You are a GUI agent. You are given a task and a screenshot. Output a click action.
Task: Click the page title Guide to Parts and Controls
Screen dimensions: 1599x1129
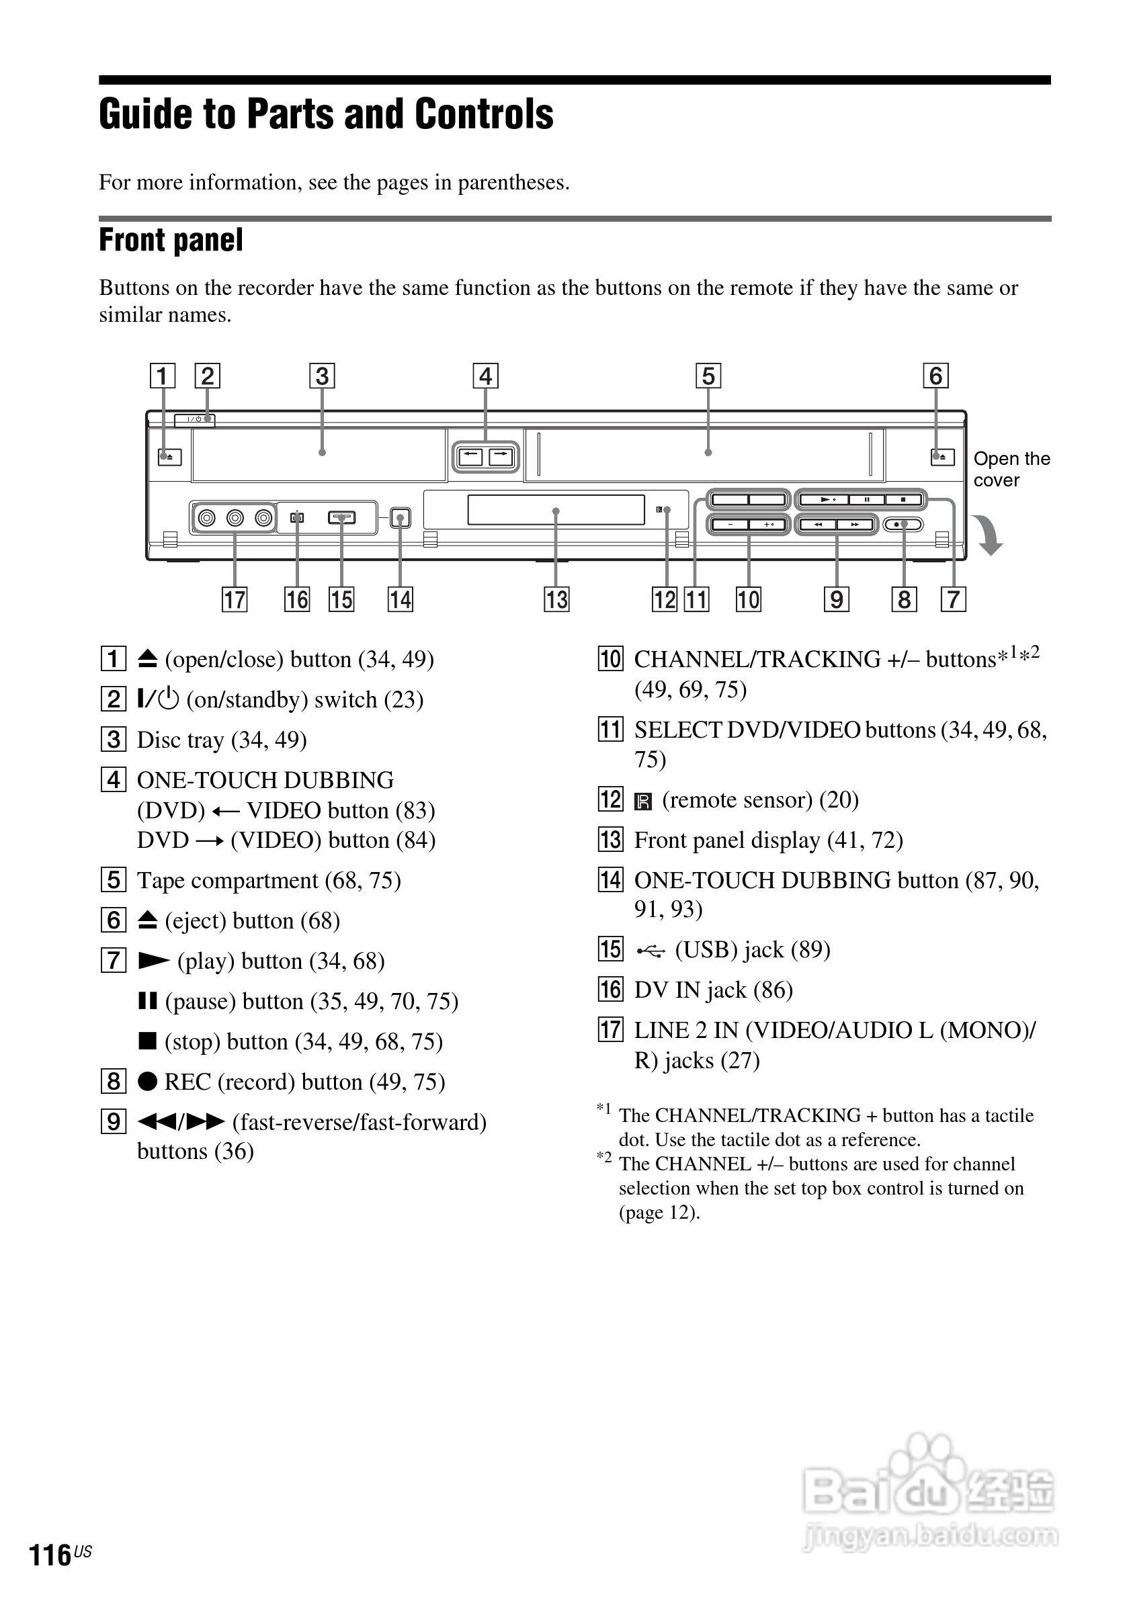326,114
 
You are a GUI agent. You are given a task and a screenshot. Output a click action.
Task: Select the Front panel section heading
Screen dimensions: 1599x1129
171,241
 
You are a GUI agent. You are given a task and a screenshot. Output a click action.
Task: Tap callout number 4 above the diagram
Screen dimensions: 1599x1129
485,376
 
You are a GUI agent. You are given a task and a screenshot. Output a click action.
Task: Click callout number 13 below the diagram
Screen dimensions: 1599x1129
556,599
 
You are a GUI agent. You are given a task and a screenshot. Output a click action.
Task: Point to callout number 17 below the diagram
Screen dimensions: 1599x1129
235,599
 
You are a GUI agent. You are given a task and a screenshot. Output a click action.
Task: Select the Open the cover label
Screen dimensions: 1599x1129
1011,470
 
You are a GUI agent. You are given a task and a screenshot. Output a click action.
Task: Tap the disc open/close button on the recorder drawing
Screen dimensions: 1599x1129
169,457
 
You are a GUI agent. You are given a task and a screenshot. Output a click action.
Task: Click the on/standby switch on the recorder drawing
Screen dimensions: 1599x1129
195,419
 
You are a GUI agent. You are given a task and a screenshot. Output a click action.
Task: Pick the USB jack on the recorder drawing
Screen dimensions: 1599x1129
341,517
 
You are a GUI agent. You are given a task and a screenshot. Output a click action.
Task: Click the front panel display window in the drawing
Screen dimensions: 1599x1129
555,510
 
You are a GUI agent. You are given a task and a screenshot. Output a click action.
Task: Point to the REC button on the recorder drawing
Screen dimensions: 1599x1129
903,525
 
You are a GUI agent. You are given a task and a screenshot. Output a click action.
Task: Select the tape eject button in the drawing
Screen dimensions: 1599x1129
942,458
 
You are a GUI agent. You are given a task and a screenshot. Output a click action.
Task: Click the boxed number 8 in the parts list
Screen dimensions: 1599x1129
114,1082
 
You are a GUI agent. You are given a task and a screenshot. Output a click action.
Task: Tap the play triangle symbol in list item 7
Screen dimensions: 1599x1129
153,961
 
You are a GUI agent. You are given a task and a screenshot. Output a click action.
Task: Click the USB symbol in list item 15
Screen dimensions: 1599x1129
651,951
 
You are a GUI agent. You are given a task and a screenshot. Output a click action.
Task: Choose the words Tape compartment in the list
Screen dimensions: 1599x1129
227,881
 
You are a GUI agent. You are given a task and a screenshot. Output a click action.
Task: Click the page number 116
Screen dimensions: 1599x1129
50,1555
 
